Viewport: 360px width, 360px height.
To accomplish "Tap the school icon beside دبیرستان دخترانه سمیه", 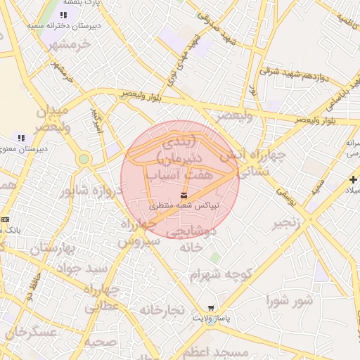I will click(63, 15).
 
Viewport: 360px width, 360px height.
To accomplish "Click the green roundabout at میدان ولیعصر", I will click(84, 159).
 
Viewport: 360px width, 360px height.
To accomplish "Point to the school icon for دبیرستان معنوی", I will click(20, 138).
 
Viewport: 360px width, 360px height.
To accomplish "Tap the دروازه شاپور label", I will click(91, 190).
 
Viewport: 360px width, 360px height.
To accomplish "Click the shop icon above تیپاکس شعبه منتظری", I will click(184, 194).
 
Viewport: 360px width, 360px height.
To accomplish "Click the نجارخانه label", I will click(161, 309).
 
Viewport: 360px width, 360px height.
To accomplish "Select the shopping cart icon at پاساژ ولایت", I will click(211, 308).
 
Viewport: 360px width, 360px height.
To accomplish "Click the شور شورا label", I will click(288, 301).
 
